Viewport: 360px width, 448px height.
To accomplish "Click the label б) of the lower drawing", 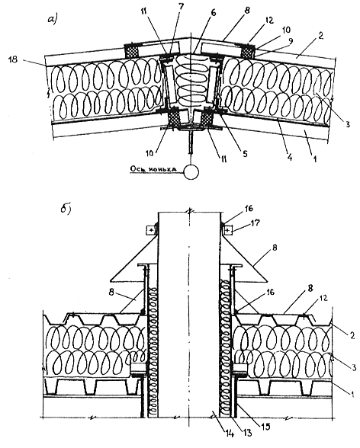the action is tap(66, 210).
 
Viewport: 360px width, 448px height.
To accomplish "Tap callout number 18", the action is tap(13, 59).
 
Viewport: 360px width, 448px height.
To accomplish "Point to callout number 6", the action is tap(213, 13).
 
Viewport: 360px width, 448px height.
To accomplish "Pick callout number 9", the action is tap(291, 41).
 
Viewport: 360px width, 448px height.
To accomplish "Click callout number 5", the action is tap(245, 154).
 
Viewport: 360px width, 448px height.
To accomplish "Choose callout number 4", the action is tap(290, 157).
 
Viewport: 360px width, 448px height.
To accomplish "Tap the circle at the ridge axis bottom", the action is tap(191, 171).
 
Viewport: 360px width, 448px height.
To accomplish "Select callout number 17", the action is tap(256, 222).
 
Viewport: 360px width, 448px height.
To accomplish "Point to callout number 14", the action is tap(230, 434).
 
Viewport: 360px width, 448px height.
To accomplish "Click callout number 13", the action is tap(248, 433).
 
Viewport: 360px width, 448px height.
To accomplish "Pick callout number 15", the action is tap(265, 427).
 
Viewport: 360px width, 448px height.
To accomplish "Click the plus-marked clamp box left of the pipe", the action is tap(152, 230).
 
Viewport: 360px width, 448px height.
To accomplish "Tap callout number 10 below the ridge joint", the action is tap(150, 153).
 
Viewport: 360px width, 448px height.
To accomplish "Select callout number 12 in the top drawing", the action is tap(268, 20).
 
